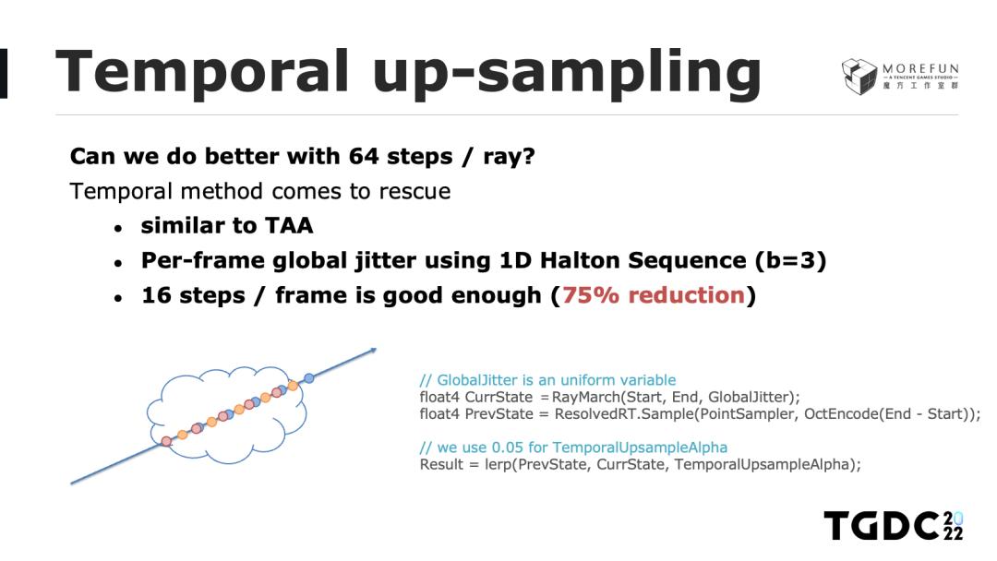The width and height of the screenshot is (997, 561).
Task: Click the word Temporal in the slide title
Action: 203,72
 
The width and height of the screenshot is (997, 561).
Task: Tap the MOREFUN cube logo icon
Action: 859,77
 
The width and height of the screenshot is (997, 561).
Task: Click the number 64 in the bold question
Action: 364,156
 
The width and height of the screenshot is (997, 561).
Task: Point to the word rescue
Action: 414,191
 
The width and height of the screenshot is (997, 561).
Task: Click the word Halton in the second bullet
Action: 580,260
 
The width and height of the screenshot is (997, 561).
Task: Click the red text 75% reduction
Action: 653,295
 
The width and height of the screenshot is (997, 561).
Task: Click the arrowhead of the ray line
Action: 372,350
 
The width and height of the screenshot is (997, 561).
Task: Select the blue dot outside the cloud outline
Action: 309,378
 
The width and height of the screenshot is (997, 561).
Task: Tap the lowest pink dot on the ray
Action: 166,440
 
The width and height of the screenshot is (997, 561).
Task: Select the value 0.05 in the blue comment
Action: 507,448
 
